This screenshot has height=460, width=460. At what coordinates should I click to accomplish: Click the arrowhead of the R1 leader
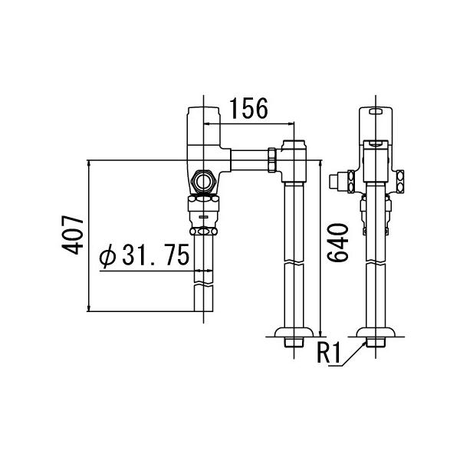[365, 341]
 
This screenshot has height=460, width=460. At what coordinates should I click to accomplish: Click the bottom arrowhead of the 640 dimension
[320, 334]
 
